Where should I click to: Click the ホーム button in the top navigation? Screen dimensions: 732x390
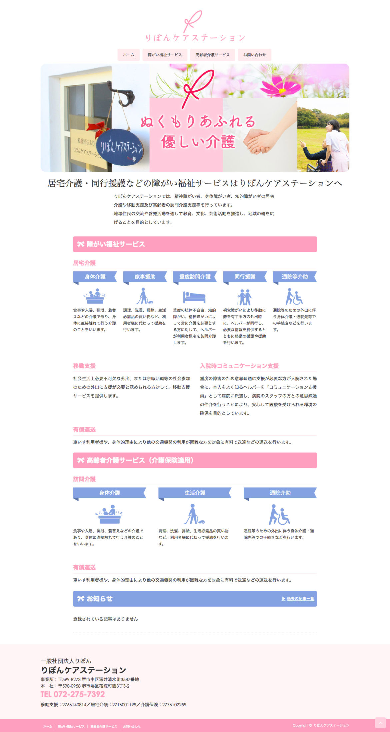coord(128,55)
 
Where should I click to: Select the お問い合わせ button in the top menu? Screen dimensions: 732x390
coord(254,55)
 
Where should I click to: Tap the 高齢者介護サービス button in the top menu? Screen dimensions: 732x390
coord(212,55)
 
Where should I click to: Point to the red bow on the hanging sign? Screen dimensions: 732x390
coord(98,129)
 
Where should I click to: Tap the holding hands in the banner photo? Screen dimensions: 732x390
coord(259,140)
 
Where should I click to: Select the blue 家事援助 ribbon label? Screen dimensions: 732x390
coord(145,277)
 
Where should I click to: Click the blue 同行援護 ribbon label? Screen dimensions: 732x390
coord(245,277)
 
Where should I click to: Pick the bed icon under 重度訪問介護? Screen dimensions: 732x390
coord(194,296)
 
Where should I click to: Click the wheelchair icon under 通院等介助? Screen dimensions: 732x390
coord(294,296)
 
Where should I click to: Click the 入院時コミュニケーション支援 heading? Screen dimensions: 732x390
coord(239,366)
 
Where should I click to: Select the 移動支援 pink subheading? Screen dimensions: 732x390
coord(84,366)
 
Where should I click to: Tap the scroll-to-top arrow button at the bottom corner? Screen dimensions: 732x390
coord(380,723)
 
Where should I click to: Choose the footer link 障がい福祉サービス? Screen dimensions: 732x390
coord(71,726)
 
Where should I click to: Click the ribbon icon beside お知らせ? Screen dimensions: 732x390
coord(81,599)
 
